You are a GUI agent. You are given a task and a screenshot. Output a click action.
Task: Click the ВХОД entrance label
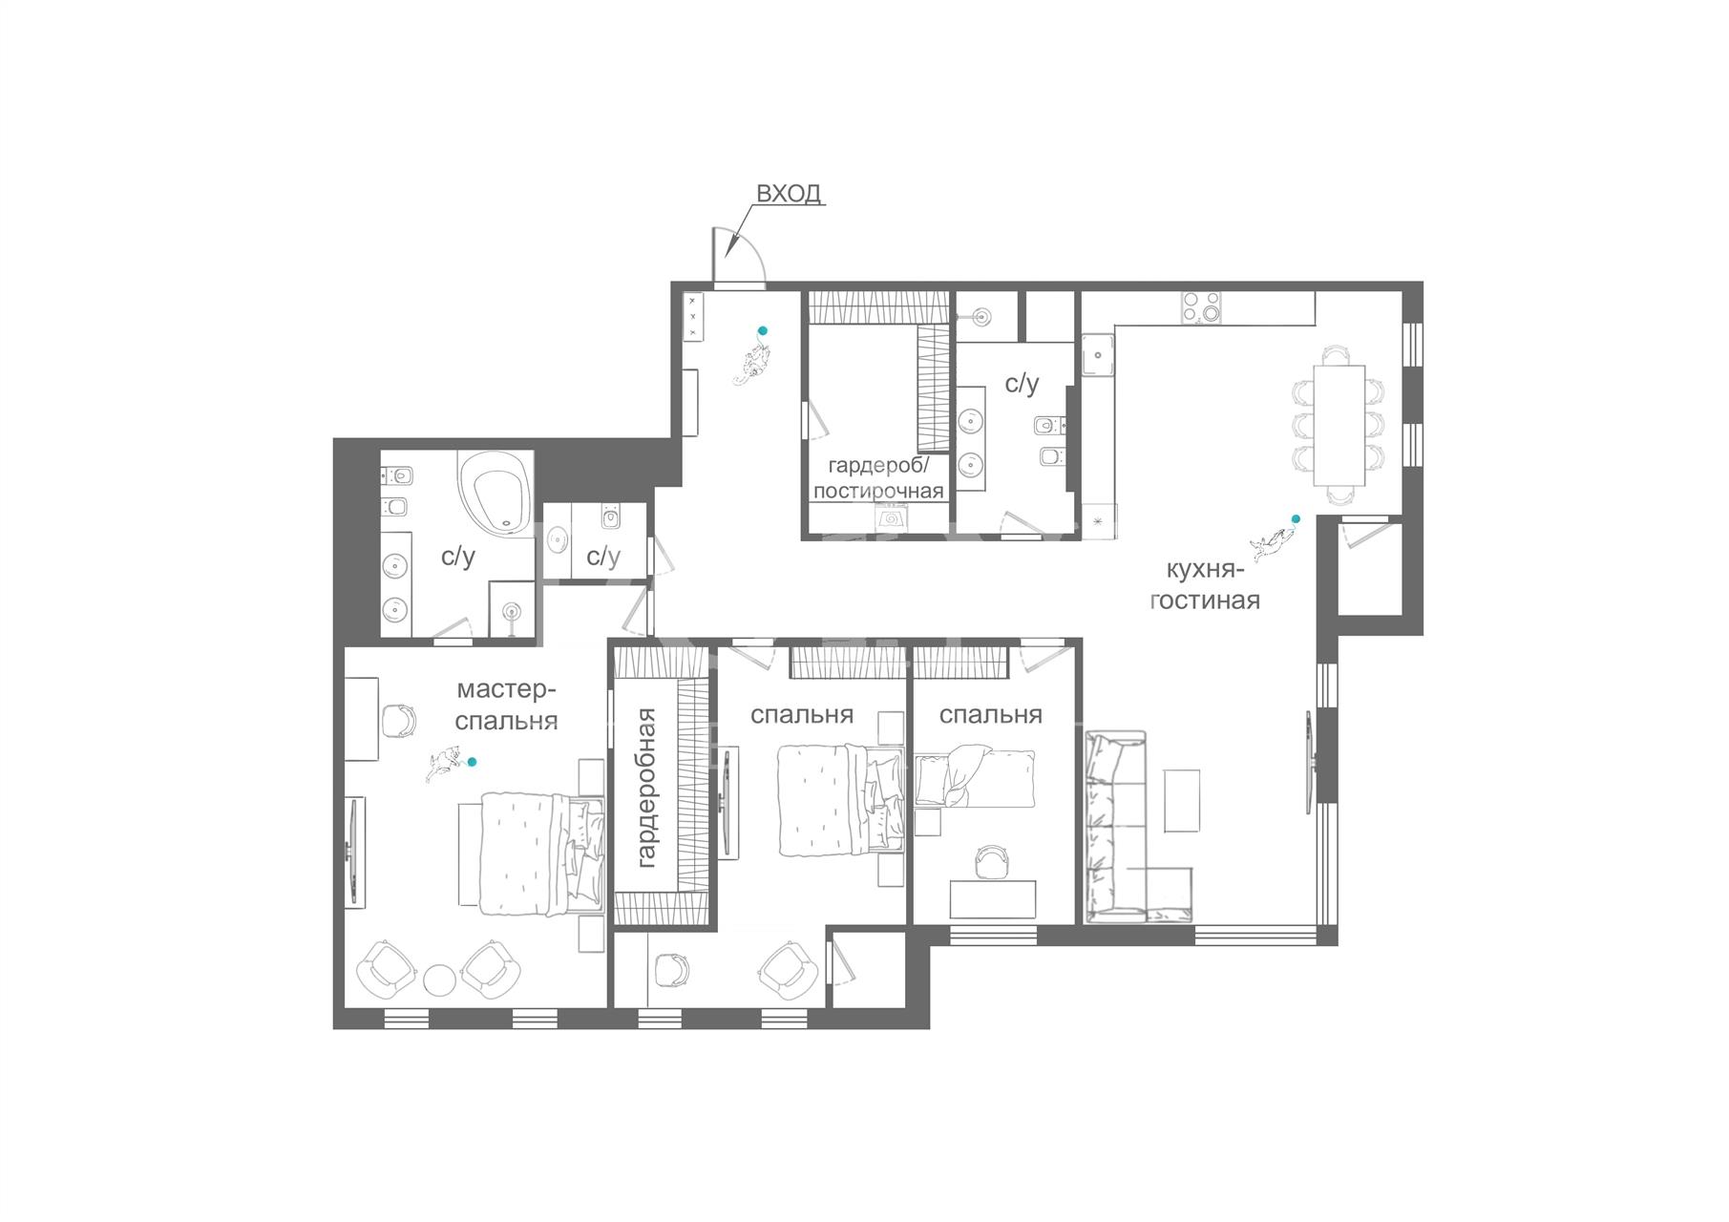789,193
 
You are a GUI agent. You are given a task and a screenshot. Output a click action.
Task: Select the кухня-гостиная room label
1205,585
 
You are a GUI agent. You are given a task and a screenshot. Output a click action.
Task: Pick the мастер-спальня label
506,705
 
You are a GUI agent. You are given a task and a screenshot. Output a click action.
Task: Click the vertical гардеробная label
646,788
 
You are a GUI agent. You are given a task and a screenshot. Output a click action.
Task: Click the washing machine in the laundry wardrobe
892,518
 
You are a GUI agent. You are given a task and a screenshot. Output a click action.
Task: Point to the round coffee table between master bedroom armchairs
440,980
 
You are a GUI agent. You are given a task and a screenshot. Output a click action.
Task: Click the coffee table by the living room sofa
1182,800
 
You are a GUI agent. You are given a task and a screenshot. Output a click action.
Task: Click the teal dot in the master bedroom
471,762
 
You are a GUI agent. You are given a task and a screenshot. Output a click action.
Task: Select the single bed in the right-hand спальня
975,778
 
